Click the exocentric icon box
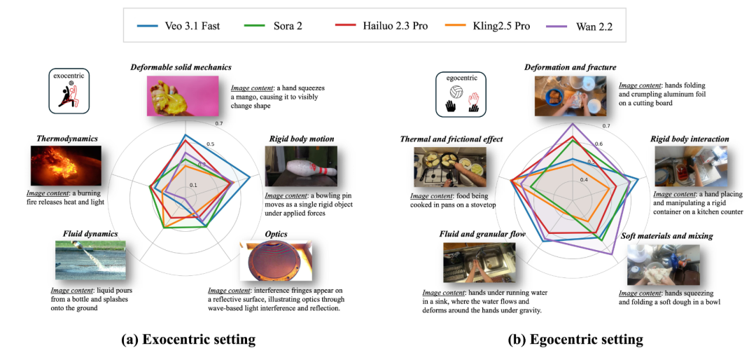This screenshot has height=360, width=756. coord(68,90)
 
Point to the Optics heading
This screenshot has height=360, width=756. coord(276,234)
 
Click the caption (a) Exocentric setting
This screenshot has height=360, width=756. coord(188,340)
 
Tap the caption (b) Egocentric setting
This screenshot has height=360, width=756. coord(575,340)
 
